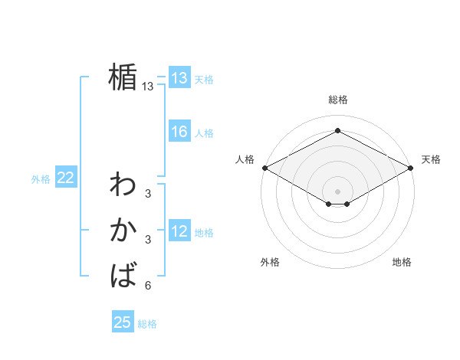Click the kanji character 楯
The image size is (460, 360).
click(123, 77)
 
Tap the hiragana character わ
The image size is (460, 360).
click(123, 185)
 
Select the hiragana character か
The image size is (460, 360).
click(123, 229)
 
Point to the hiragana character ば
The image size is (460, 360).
click(123, 273)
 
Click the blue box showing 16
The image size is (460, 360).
click(179, 132)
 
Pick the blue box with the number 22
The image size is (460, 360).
click(65, 178)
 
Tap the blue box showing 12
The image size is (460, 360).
click(179, 232)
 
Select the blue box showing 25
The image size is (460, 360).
click(123, 322)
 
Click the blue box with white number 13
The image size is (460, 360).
click(179, 78)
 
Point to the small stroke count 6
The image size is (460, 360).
click(148, 286)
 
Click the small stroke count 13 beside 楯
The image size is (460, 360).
click(148, 87)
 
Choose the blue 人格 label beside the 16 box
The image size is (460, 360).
click(204, 133)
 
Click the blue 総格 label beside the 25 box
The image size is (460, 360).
click(147, 324)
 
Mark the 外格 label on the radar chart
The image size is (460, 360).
click(270, 263)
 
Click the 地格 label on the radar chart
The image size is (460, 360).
click(402, 263)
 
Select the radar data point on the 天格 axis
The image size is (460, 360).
click(411, 167)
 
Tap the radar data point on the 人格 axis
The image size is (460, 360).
click(264, 167)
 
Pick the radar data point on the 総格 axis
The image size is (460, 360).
click(337, 131)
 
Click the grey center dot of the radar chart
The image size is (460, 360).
click(337, 191)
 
